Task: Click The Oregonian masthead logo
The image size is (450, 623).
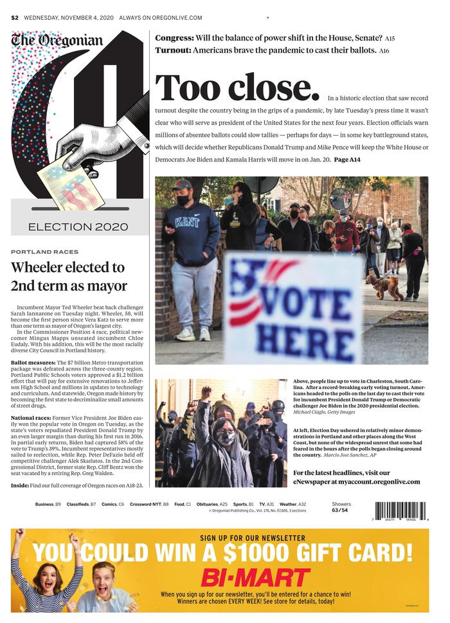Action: pyautogui.click(x=57, y=41)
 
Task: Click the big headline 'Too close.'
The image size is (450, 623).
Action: pyautogui.click(x=237, y=88)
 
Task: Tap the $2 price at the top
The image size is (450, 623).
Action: pyautogui.click(x=14, y=17)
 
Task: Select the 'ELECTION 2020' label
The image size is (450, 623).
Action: pyautogui.click(x=78, y=226)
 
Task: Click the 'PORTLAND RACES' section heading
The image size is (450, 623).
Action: pyautogui.click(x=44, y=252)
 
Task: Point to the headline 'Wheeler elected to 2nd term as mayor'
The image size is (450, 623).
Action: pyautogui.click(x=69, y=276)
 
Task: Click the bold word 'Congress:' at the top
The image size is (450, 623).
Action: pyautogui.click(x=174, y=39)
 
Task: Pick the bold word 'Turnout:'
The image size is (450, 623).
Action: pyautogui.click(x=172, y=50)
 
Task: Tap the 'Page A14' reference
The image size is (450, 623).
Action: pyautogui.click(x=347, y=159)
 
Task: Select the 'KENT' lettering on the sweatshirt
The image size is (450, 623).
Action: pyautogui.click(x=187, y=222)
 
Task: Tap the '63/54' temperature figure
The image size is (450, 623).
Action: pyautogui.click(x=339, y=510)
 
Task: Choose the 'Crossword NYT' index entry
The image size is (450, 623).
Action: pyautogui.click(x=149, y=504)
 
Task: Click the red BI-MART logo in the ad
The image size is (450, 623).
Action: pyautogui.click(x=255, y=577)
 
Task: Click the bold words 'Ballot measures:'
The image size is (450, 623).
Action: pyautogui.click(x=29, y=363)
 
